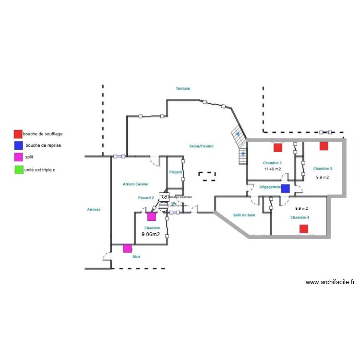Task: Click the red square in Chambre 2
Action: tap(277, 147)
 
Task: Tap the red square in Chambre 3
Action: tap(324, 146)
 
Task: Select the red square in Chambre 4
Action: tap(303, 229)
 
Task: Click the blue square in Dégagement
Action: tap(285, 189)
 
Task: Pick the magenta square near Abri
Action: tap(127, 249)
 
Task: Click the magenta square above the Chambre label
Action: tap(152, 216)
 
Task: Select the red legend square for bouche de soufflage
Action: tap(18, 134)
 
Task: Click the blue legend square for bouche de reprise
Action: tap(18, 145)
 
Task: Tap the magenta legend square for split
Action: tap(18, 157)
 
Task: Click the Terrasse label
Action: tap(183, 88)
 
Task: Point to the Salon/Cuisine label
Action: tap(201, 146)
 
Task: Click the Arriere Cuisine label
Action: tap(135, 184)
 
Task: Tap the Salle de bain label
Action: tap(244, 215)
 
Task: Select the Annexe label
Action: tap(94, 209)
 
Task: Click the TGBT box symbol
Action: tap(164, 197)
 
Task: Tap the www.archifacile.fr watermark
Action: tap(330, 282)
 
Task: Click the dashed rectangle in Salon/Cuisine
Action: tap(208, 176)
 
